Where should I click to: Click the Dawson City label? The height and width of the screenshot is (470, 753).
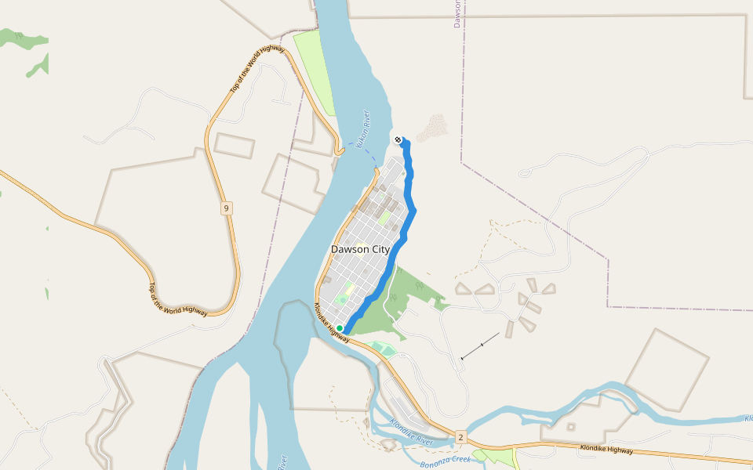[x=360, y=249]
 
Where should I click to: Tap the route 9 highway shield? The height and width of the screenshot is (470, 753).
[x=226, y=208]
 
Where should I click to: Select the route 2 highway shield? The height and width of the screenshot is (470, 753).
[x=460, y=436]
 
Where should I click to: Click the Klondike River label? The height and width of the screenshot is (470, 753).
[x=411, y=432]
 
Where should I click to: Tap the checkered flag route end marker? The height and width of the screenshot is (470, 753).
[x=398, y=140]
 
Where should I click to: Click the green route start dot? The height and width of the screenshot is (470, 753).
[x=340, y=328]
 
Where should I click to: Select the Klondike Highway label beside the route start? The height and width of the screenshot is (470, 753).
[x=332, y=322]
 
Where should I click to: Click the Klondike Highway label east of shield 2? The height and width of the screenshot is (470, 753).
[x=606, y=450]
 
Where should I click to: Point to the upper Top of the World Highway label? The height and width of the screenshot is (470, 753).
[x=256, y=70]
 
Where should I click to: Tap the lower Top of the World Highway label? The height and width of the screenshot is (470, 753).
[x=178, y=299]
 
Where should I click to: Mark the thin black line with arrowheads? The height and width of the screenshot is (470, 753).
[x=480, y=345]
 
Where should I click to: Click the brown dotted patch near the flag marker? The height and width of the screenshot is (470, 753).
[x=432, y=128]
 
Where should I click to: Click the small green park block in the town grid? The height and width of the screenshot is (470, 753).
[x=384, y=218]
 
